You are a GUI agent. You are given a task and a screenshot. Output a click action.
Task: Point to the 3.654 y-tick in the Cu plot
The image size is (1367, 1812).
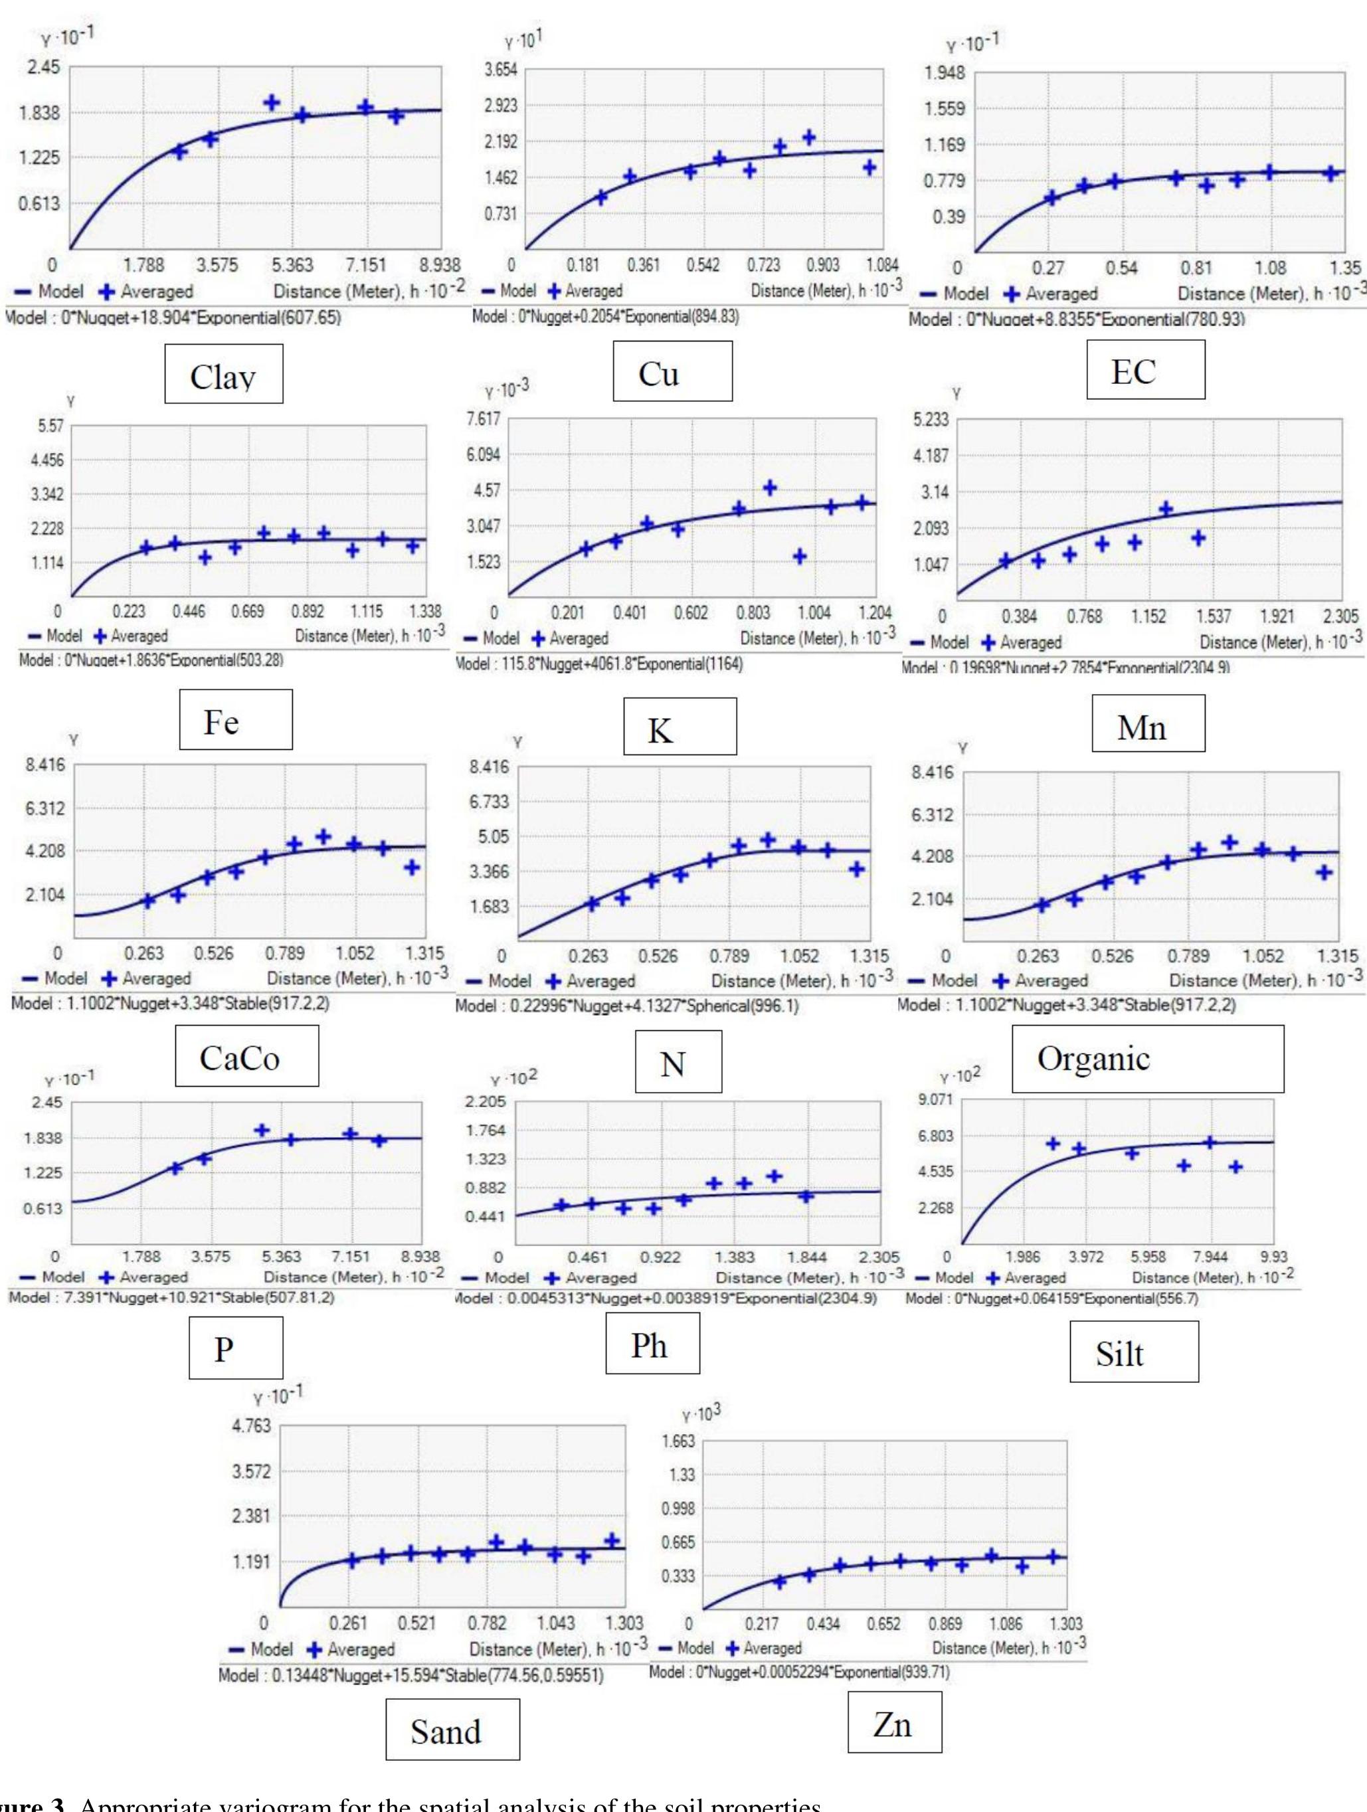tap(500, 70)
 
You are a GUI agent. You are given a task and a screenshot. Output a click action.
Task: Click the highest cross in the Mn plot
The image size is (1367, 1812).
tap(1166, 509)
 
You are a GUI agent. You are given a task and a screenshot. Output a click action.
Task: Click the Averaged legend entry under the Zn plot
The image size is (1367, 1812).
tap(763, 1647)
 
